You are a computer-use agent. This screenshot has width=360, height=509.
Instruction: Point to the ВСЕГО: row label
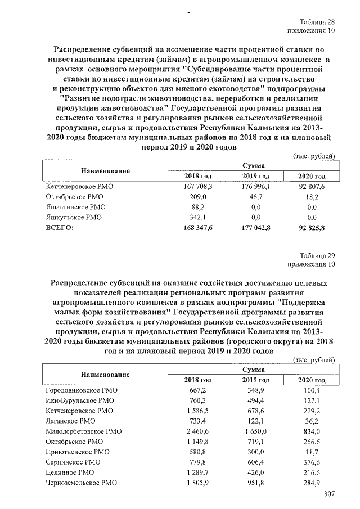coord(60,227)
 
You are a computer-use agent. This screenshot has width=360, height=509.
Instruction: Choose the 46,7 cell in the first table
coord(256,197)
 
